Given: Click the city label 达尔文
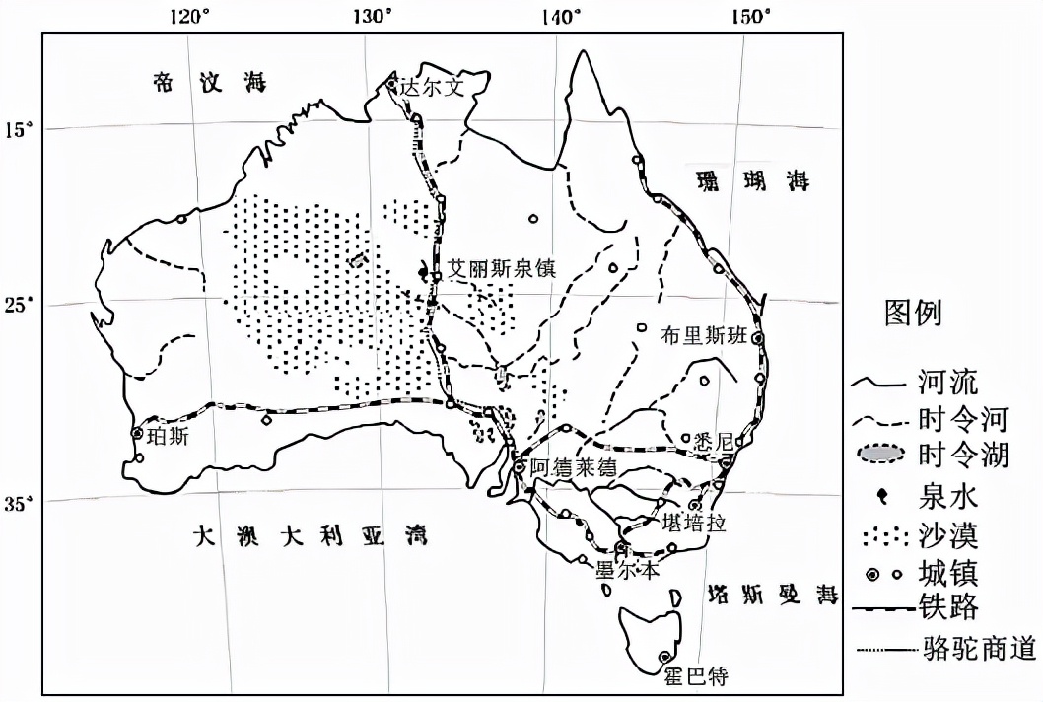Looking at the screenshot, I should [430, 87].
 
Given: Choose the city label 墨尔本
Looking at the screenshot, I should [620, 569].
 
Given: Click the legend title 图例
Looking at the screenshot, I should [912, 314].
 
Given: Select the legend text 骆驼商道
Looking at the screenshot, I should [981, 649].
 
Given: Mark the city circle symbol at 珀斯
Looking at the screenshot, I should [137, 433].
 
